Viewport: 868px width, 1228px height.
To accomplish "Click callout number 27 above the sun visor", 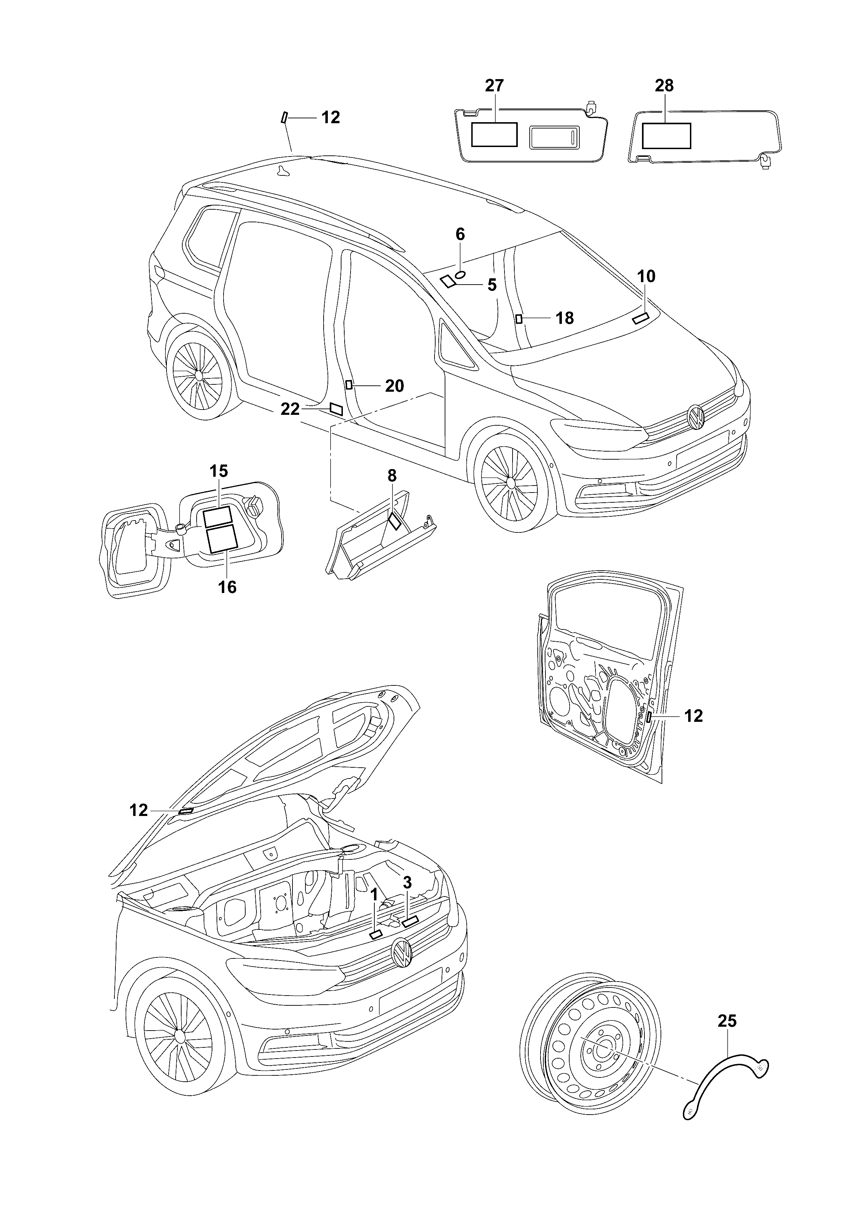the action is coord(494,85).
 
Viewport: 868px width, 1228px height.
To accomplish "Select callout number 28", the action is coord(664,85).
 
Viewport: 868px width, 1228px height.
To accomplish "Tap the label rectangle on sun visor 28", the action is coord(666,135).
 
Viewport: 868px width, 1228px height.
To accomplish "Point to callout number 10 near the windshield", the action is coord(646,277).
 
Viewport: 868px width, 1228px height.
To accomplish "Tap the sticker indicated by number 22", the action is coord(337,409).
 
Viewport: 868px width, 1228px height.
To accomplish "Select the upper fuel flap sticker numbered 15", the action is coord(218,516).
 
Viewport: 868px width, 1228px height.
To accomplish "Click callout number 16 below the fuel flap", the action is coord(227,587).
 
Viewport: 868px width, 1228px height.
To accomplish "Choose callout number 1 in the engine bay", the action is coord(374,894).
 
